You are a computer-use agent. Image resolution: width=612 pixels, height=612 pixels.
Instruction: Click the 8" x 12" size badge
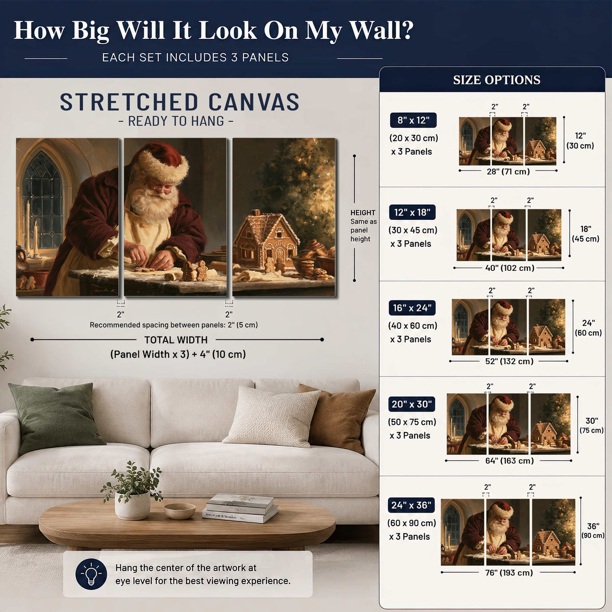[413, 120]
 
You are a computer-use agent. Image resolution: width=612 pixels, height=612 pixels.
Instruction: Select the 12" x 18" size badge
[412, 212]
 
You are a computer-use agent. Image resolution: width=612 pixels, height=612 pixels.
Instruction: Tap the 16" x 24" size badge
[412, 308]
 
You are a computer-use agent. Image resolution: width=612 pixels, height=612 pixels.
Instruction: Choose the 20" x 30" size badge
[412, 404]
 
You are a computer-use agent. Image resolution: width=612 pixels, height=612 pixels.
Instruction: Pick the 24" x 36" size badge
[411, 505]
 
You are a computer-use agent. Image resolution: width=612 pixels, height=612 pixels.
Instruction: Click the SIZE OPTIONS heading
[496, 80]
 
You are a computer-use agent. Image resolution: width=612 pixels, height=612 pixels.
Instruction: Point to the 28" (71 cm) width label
[508, 171]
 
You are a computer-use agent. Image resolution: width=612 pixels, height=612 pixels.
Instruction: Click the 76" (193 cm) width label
[509, 572]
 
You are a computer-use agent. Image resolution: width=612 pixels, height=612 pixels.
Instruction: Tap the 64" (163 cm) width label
[509, 461]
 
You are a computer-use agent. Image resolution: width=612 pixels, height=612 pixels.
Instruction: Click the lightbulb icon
[91, 574]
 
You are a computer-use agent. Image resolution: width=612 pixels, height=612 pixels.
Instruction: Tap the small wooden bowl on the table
[180, 511]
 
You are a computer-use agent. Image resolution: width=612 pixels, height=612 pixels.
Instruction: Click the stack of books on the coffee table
[241, 508]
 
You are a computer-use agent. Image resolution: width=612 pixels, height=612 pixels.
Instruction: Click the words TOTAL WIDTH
[176, 340]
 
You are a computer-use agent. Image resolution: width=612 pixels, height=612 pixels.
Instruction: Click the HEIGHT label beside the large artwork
[363, 213]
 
